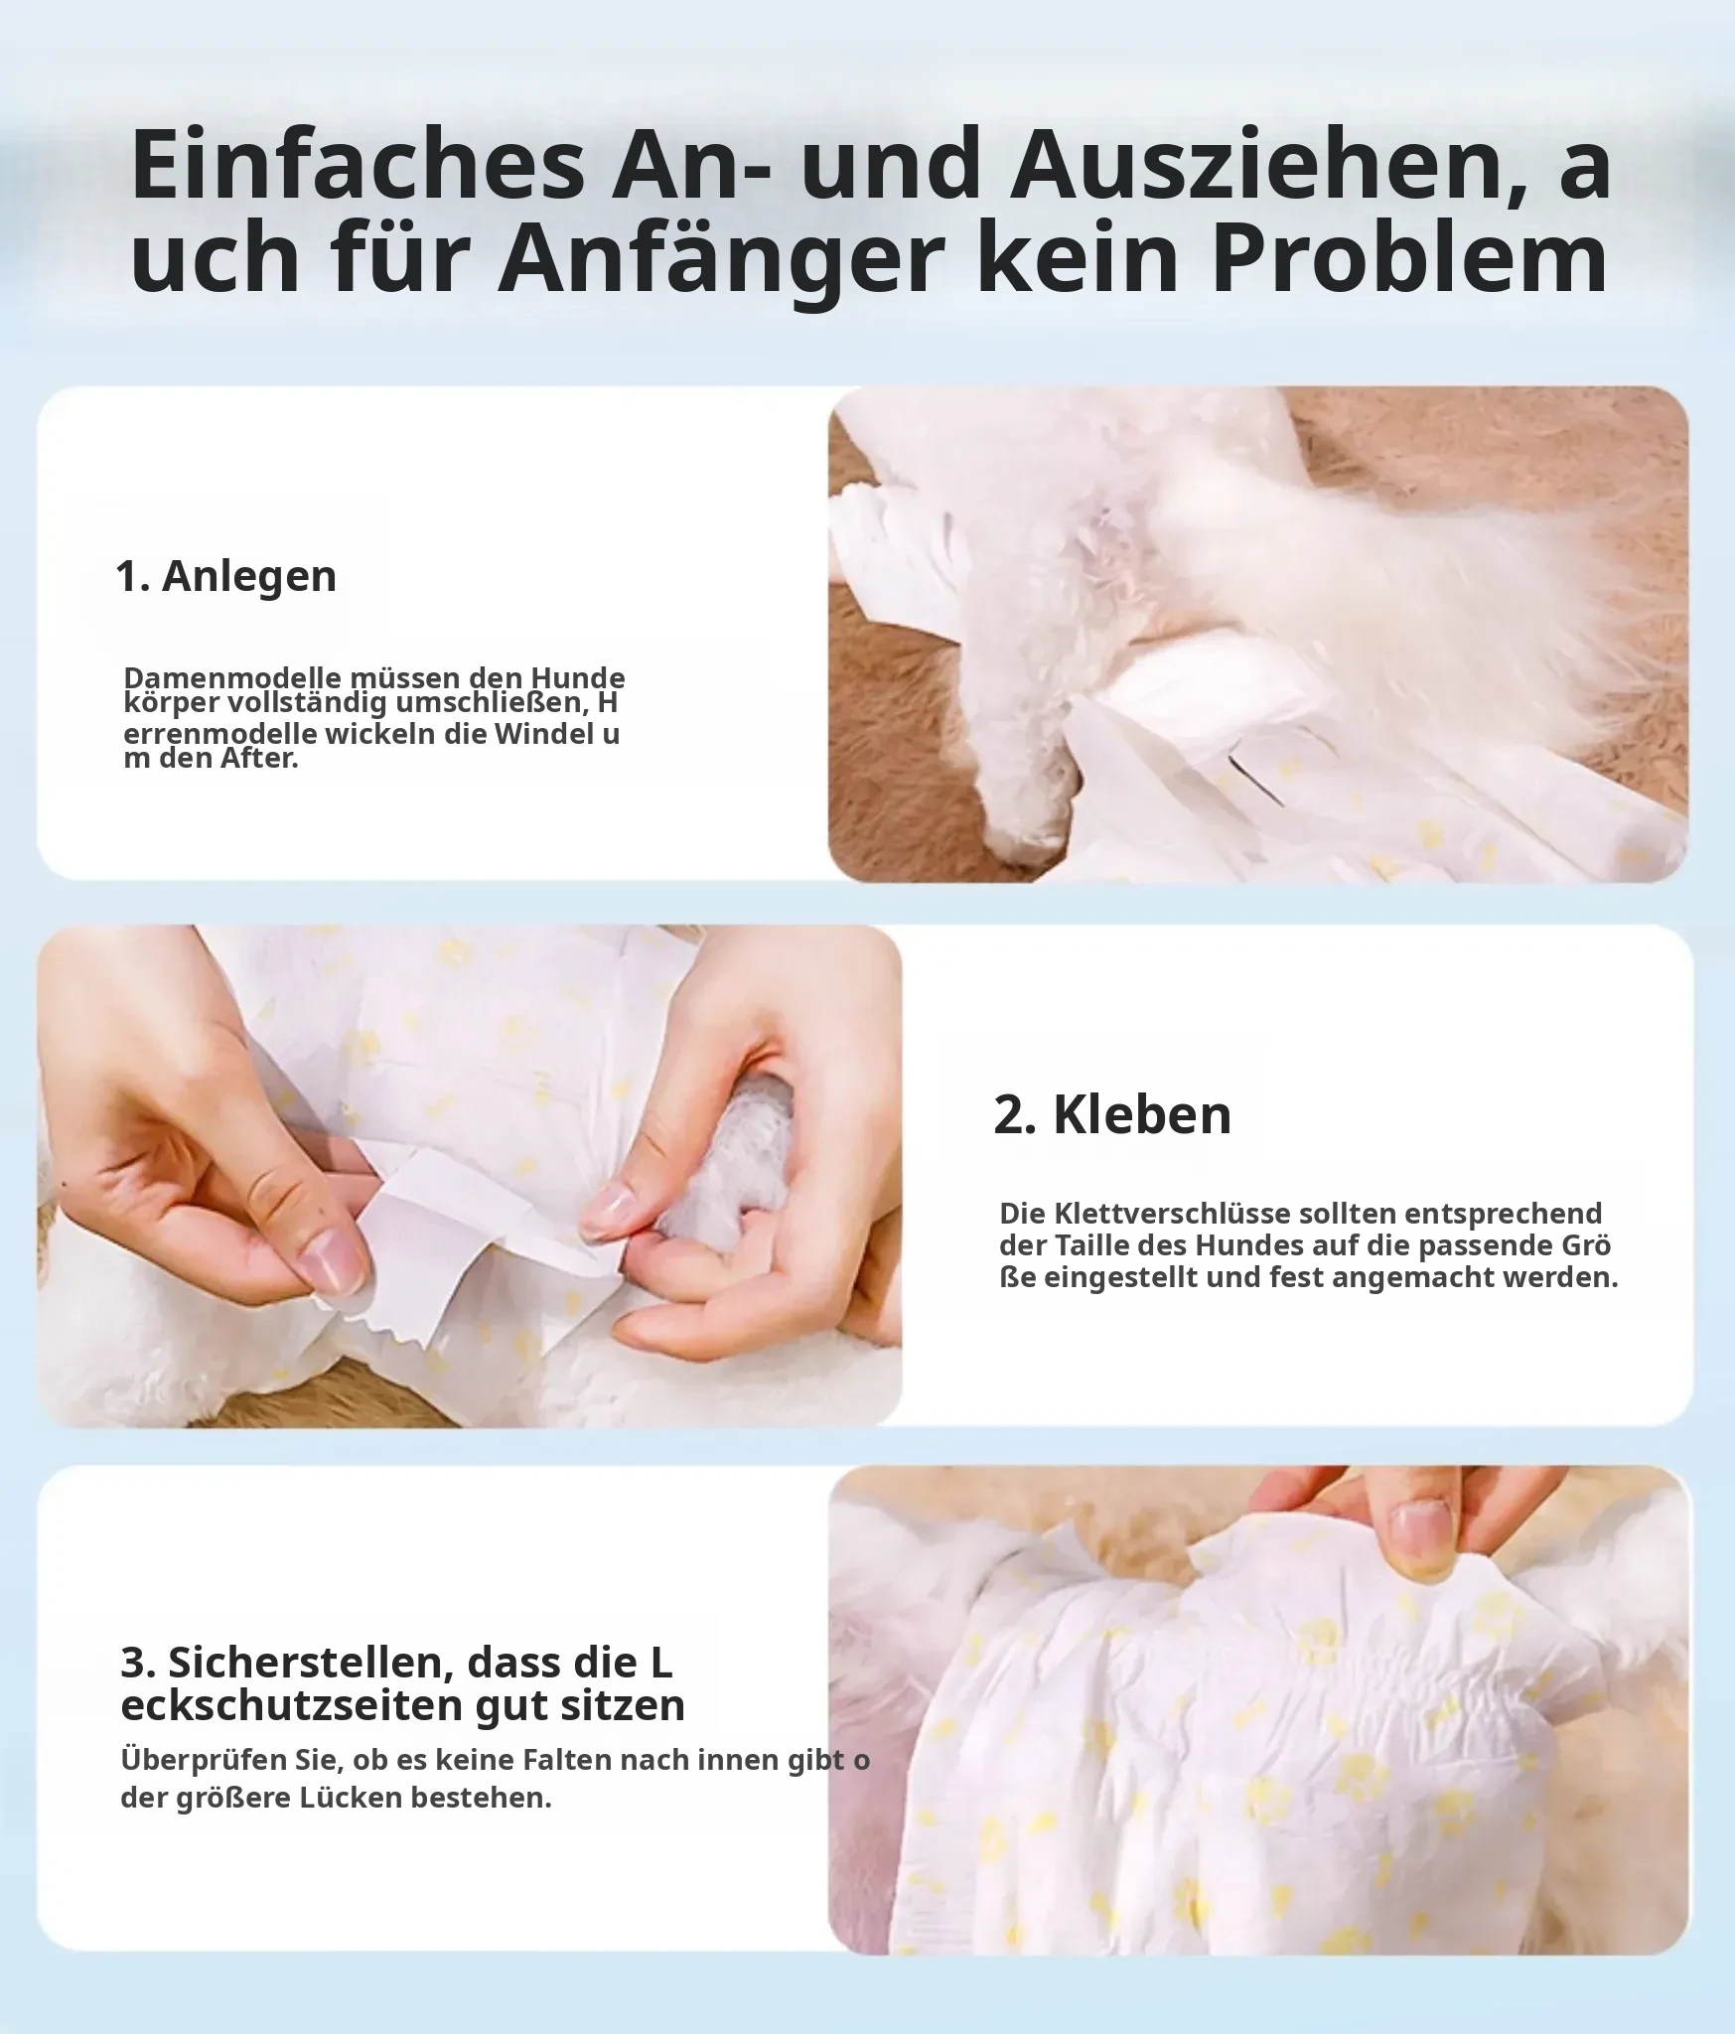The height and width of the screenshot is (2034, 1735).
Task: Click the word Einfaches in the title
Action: coord(359,165)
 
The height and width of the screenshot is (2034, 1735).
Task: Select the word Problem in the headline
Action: coord(1409,258)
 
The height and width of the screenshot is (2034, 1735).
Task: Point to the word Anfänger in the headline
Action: coord(720,258)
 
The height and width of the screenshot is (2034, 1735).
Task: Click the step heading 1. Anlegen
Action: coord(226,576)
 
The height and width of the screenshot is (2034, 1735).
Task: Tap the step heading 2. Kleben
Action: coord(1112,1114)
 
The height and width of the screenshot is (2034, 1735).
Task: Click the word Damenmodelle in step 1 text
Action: coord(234,678)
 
